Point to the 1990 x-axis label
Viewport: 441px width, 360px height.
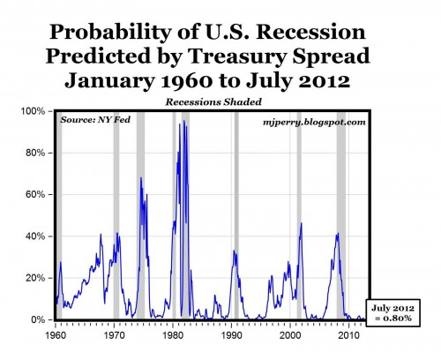coord(232,336)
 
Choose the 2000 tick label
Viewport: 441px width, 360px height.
coord(291,336)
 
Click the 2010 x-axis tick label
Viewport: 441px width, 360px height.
coord(350,336)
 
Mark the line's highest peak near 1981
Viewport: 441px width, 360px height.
coord(183,121)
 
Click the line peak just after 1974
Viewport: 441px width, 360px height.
coord(141,179)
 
